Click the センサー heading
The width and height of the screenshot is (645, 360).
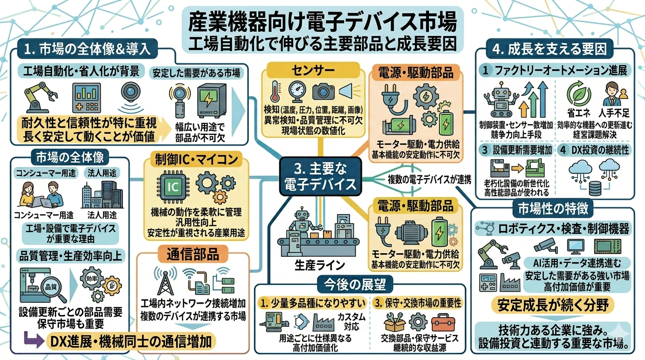click(313, 71)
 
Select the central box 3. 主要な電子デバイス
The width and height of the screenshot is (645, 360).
click(320, 176)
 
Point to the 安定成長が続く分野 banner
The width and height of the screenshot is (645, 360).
click(552, 306)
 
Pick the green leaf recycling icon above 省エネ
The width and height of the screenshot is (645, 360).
click(576, 92)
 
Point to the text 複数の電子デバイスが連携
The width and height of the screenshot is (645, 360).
click(429, 178)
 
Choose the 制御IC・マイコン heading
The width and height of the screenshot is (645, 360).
click(193, 160)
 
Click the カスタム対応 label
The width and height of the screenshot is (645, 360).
click(352, 321)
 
